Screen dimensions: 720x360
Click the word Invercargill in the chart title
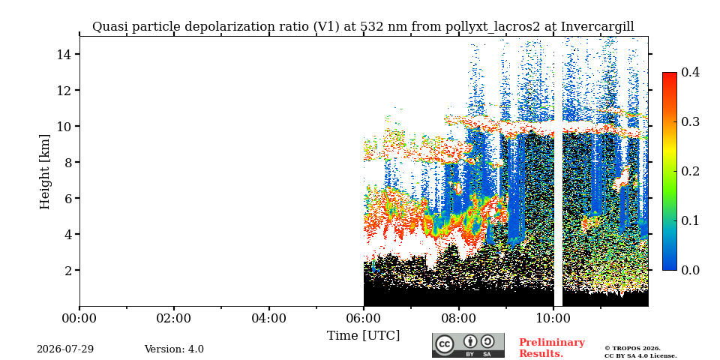(598, 27)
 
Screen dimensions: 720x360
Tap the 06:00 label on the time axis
(364, 318)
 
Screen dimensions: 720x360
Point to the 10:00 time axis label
(553, 318)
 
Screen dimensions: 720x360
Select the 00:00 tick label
(79, 318)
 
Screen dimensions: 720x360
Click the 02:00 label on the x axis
(174, 318)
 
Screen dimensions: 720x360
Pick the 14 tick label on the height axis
(64, 54)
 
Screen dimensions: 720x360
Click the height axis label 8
(68, 162)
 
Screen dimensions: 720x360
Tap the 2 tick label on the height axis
(68, 270)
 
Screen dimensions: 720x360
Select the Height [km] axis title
(44, 172)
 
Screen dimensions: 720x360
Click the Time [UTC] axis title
(363, 336)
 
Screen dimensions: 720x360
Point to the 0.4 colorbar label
(690, 72)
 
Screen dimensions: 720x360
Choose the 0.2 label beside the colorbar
(690, 171)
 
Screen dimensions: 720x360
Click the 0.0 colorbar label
(690, 270)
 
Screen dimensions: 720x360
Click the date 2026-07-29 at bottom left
(65, 349)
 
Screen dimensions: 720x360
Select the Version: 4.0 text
(174, 349)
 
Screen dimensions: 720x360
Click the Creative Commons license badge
(468, 345)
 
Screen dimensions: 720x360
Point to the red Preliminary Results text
(552, 348)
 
